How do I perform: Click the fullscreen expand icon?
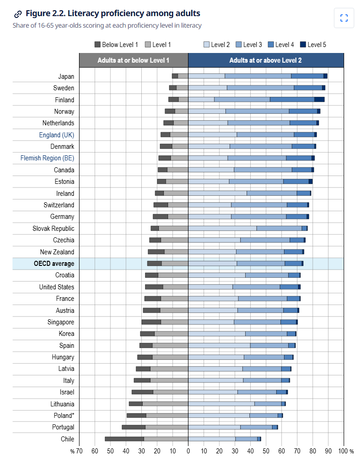344,18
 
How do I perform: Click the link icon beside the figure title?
18,14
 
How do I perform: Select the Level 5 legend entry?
313,45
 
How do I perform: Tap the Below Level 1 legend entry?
116,45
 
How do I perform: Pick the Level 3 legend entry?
249,45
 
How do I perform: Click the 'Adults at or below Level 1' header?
133,60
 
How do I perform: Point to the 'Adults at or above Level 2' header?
266,60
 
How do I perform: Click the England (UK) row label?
57,135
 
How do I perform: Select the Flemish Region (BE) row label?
48,158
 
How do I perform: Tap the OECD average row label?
54,264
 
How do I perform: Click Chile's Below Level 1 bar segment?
125,439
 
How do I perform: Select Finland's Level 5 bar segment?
320,100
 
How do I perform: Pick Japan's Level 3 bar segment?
258,76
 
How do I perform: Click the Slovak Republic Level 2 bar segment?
223,228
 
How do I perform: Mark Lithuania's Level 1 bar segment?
165,404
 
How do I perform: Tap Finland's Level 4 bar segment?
292,100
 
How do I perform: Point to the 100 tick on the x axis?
343,451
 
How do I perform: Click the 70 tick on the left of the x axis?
79,451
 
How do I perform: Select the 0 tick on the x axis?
188,451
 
